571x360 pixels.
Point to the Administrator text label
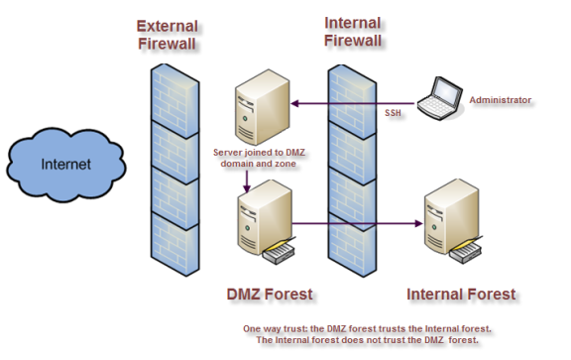click(501, 100)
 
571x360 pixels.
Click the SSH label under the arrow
click(394, 114)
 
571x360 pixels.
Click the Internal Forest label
click(461, 294)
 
